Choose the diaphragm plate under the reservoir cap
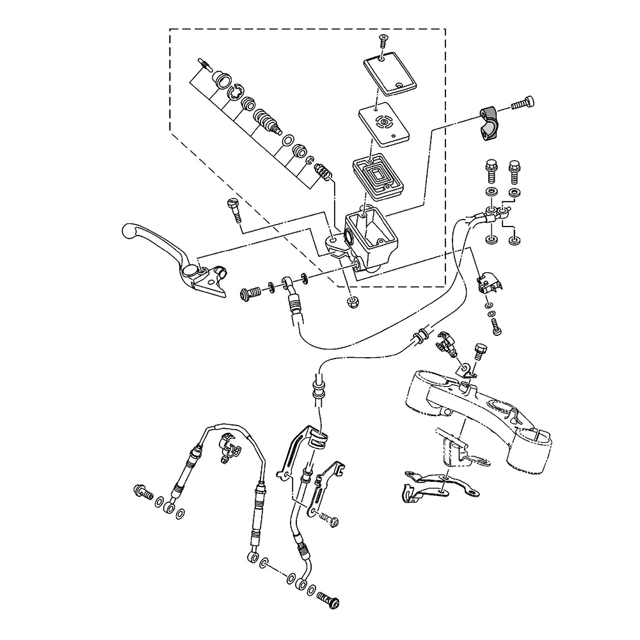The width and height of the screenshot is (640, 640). tap(383, 122)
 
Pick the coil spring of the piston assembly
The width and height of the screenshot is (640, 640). tap(324, 172)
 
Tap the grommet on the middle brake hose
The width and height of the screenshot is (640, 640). tap(421, 335)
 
